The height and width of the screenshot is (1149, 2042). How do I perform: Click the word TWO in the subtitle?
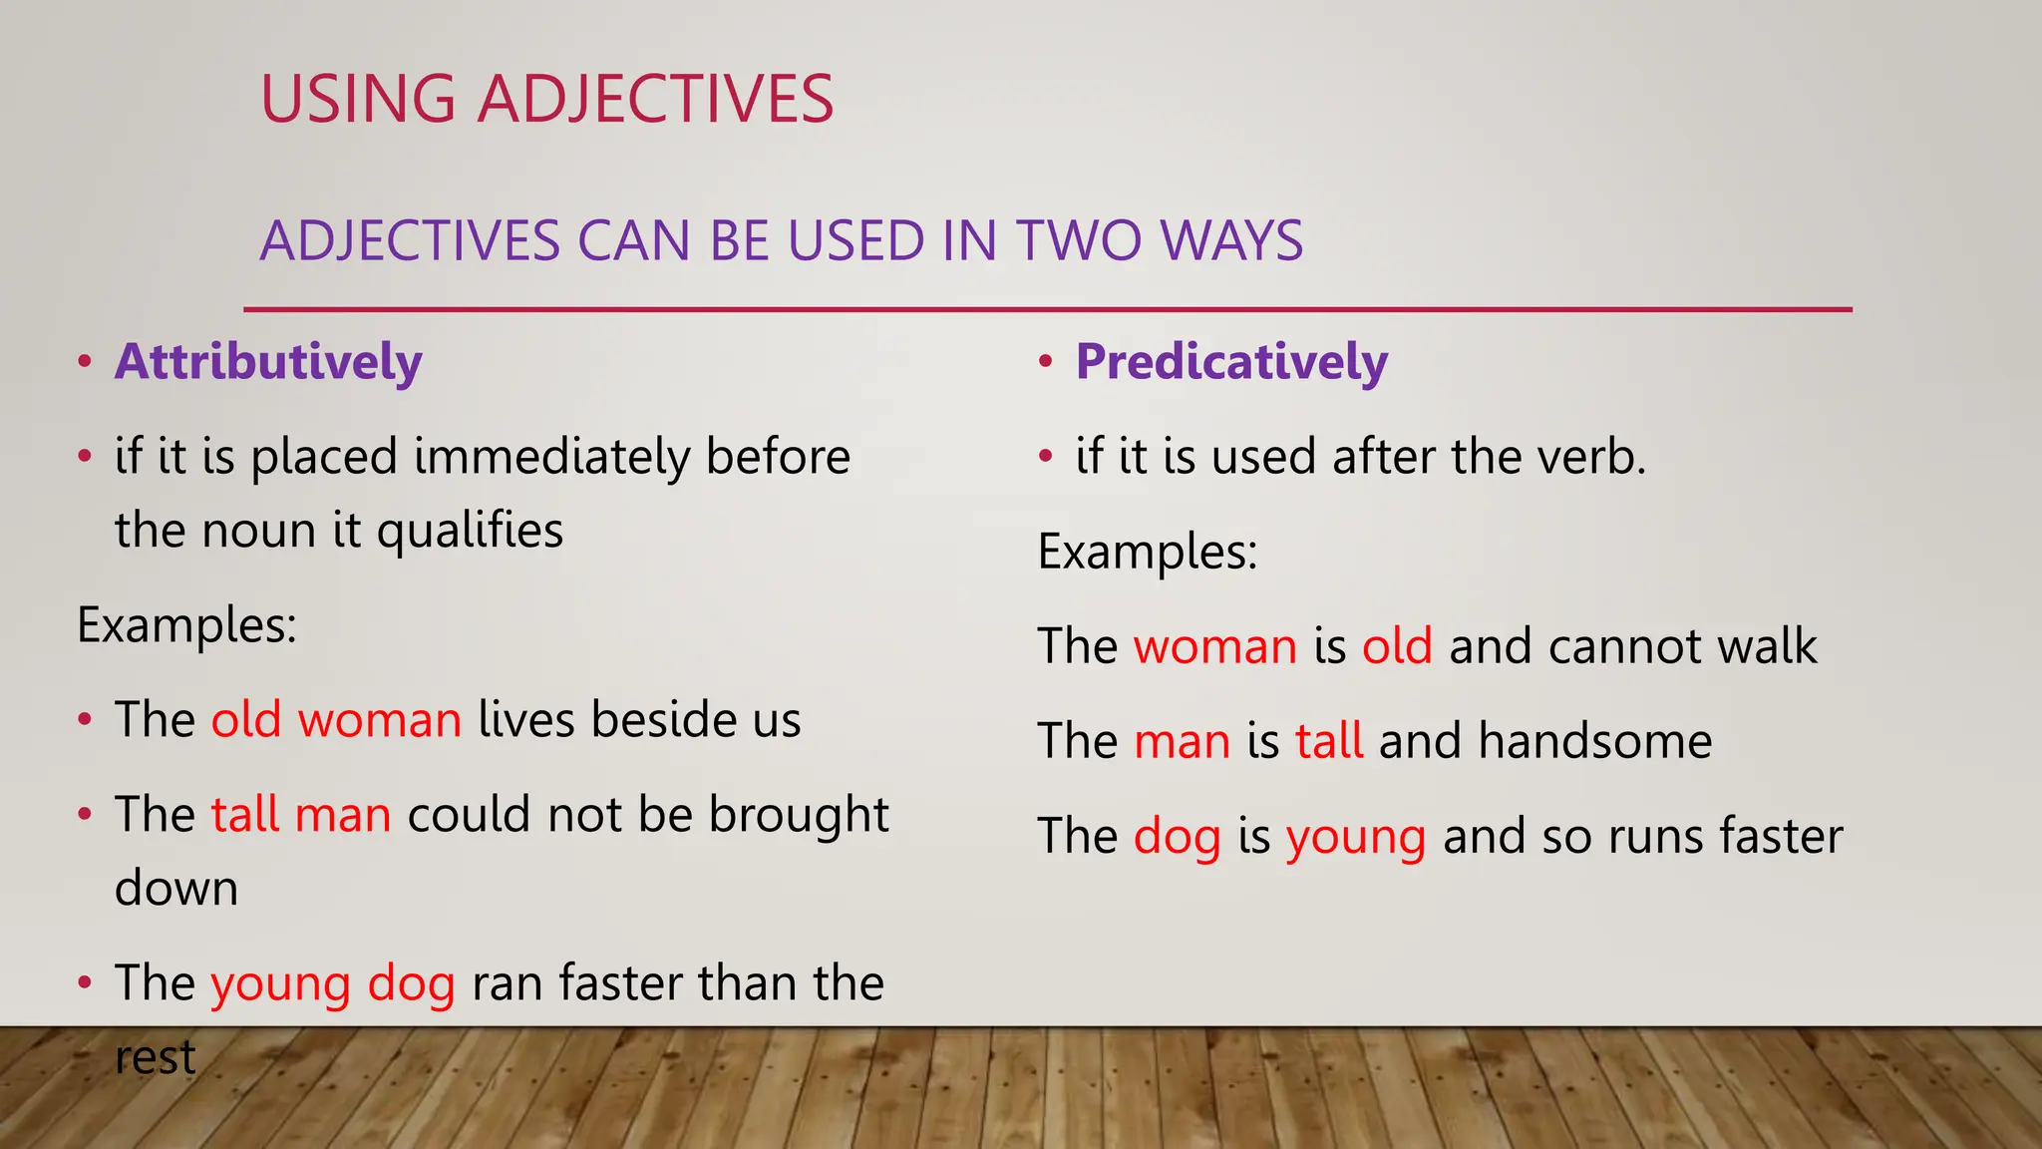click(x=1079, y=241)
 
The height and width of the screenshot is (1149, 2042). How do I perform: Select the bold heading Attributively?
click(x=268, y=361)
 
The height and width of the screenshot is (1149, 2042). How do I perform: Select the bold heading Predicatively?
click(x=1231, y=361)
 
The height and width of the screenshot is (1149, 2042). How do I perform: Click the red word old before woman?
click(x=246, y=719)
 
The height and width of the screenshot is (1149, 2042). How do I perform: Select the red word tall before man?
click(x=244, y=814)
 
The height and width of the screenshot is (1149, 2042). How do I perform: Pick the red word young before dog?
click(x=280, y=984)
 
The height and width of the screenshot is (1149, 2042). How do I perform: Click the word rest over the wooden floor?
click(x=155, y=1057)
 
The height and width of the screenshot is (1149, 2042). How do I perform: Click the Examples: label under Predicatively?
click(x=1148, y=552)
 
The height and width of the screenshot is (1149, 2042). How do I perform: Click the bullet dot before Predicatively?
click(x=1045, y=361)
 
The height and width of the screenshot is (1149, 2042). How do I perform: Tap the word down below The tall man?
click(x=176, y=888)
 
